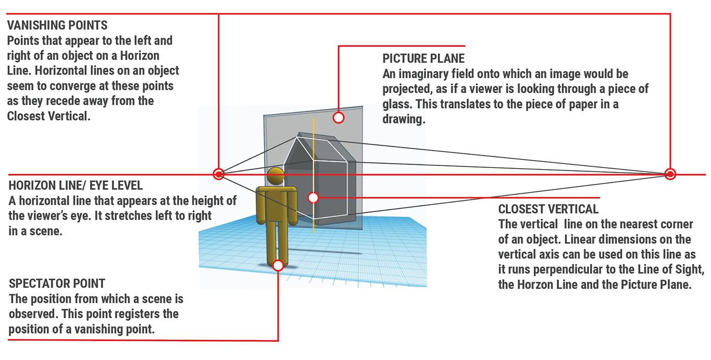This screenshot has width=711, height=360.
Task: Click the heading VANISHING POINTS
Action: [x=57, y=25]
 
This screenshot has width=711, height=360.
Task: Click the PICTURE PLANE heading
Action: [x=423, y=59]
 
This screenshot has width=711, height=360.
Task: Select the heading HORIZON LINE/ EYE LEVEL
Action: [x=76, y=186]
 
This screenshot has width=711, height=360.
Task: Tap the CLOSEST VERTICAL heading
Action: [x=548, y=209]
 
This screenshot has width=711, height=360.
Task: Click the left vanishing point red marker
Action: [x=218, y=174]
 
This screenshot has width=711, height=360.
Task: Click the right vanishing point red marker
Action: [x=670, y=174]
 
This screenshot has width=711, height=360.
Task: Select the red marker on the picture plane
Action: [x=338, y=118]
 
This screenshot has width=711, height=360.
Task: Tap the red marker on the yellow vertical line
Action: [x=313, y=197]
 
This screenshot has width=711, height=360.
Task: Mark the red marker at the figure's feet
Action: [x=278, y=265]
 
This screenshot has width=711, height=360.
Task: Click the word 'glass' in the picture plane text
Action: [x=398, y=105]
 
